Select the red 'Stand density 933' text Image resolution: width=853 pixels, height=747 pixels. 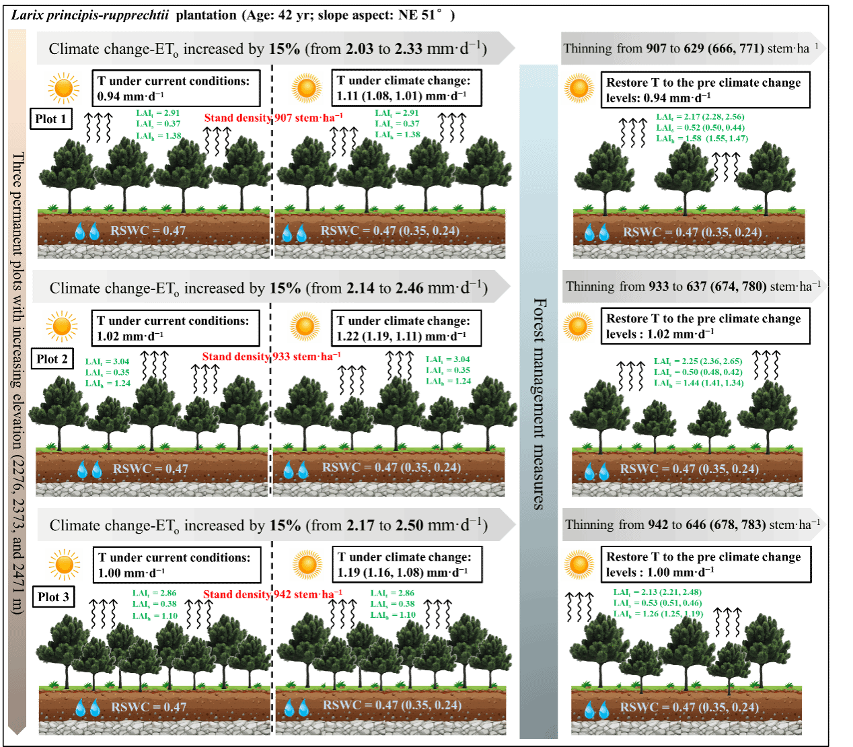271,357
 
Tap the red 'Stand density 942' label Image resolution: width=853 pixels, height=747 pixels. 272,594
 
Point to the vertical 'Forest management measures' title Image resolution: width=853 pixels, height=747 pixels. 539,404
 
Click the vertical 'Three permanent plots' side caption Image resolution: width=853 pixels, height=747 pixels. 17,384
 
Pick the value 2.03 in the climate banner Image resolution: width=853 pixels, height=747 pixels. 359,49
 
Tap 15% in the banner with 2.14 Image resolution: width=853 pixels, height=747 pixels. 285,288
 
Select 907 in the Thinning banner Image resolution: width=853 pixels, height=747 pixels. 656,48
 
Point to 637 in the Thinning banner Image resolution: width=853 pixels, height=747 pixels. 696,287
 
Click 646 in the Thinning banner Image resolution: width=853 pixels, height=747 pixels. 695,525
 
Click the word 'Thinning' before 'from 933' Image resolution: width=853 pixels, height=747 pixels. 590,287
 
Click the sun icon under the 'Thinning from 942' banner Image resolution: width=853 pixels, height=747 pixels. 579,565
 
